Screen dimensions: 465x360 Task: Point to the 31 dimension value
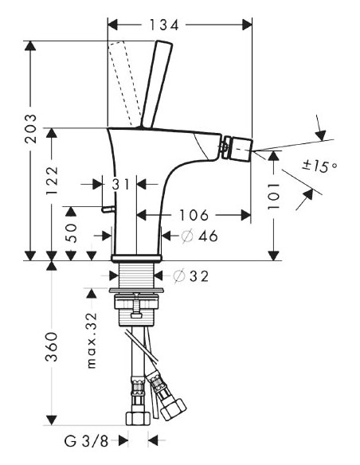pyautogui.click(x=119, y=184)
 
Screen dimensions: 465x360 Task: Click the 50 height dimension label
pyautogui.click(x=72, y=232)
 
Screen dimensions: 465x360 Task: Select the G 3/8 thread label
pyautogui.click(x=87, y=440)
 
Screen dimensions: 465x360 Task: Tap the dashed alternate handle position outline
pyautogui.click(x=125, y=80)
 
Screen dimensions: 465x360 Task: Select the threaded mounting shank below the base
pyautogui.click(x=139, y=279)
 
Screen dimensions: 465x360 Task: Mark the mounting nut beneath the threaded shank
pyautogui.click(x=139, y=306)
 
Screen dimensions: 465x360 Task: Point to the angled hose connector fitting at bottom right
pyautogui.click(x=168, y=398)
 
